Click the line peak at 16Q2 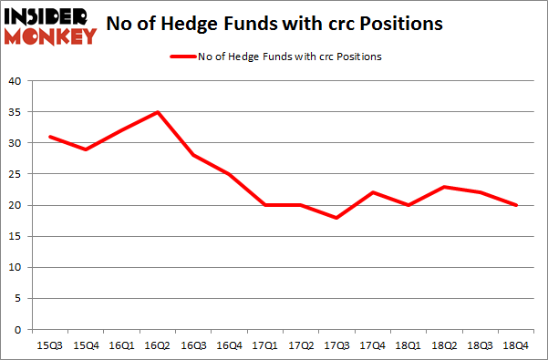point(158,112)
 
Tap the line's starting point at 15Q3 point(51,137)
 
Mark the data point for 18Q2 point(443,187)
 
